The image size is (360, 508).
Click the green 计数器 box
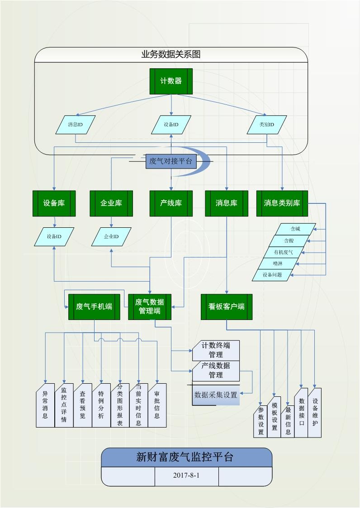tap(171, 81)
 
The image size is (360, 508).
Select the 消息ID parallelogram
tap(76, 125)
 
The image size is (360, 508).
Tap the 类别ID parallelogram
tap(267, 125)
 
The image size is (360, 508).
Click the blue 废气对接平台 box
tap(171, 161)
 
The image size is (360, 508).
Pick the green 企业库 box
tap(111, 203)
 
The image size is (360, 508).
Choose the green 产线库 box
tap(171, 203)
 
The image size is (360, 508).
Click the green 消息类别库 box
tap(282, 203)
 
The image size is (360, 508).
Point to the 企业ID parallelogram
tap(111, 237)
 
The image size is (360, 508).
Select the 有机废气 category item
tap(284, 252)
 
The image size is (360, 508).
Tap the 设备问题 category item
tap(272, 274)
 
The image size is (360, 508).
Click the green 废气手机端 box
tap(94, 307)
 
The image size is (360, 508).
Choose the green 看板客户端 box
tap(226, 307)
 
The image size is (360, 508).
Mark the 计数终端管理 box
tap(216, 350)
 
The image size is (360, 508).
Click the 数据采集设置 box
tap(216, 395)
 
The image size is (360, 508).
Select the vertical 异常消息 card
tap(45, 405)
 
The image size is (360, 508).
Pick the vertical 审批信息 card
tap(157, 405)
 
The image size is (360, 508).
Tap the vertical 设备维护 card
tap(315, 413)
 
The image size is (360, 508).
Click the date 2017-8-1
tap(186, 475)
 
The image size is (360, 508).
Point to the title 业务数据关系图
tap(171, 55)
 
